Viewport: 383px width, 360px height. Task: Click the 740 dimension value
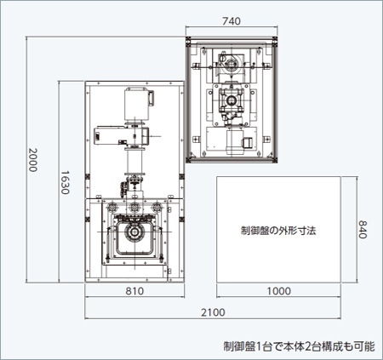coord(232,21)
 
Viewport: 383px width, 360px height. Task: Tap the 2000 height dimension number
coord(32,160)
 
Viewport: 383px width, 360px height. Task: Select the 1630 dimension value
coord(65,182)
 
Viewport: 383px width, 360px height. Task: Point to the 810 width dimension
coord(134,291)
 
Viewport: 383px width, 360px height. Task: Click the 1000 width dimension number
coord(279,291)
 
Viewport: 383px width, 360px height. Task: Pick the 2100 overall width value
coord(213,312)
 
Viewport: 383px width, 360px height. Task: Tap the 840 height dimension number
coord(363,230)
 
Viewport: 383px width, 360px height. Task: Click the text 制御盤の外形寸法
coord(278,231)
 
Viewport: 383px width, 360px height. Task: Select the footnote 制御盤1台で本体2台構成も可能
coord(299,346)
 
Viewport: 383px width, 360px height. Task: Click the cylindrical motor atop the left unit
coord(137,104)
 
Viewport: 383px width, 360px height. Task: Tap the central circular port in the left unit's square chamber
coord(134,232)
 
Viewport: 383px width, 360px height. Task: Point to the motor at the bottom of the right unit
coord(235,141)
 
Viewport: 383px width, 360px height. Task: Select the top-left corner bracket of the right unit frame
coord(189,40)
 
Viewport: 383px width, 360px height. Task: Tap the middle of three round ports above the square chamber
coord(134,208)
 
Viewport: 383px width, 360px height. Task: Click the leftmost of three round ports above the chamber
coord(112,208)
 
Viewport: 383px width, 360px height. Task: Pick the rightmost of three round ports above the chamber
coord(156,208)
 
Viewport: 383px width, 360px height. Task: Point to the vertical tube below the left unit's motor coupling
coord(134,162)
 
